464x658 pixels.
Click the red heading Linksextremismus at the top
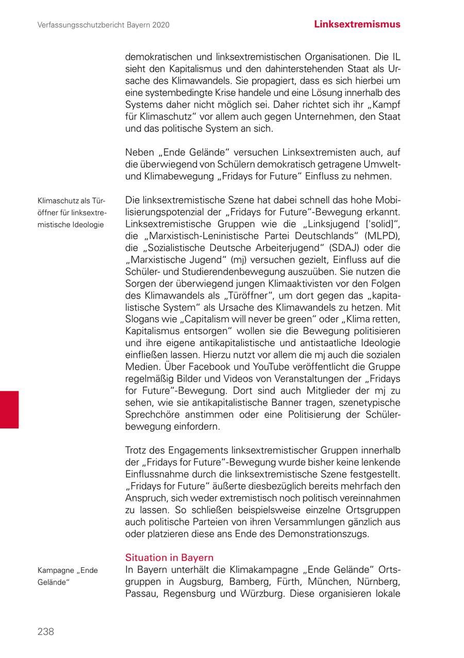tap(357, 24)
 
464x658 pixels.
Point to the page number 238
tap(45, 632)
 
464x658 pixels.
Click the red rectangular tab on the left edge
tap(9, 409)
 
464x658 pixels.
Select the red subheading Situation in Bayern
tap(169, 558)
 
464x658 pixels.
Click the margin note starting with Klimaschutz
tap(71, 212)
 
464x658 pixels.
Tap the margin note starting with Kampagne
tap(68, 576)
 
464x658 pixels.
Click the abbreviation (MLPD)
tap(381, 236)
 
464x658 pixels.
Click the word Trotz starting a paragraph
tap(137, 450)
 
